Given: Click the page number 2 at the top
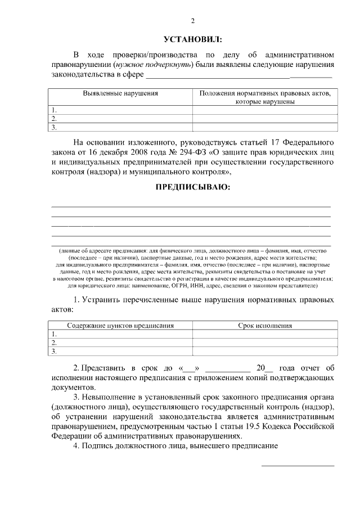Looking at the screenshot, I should click(x=192, y=21).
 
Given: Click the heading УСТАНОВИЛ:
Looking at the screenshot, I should click(x=192, y=39).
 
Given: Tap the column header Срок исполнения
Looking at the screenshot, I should click(x=265, y=325).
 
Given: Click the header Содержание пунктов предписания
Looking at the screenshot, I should click(x=120, y=325).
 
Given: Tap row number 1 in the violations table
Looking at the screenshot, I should click(x=54, y=110).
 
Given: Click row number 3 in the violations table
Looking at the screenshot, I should click(x=54, y=127).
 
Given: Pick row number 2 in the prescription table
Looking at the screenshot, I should click(x=54, y=342).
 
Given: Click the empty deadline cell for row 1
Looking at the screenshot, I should click(x=265, y=334).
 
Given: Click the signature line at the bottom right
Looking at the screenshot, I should click(x=298, y=465).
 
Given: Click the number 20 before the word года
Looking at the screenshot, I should click(x=260, y=368).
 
